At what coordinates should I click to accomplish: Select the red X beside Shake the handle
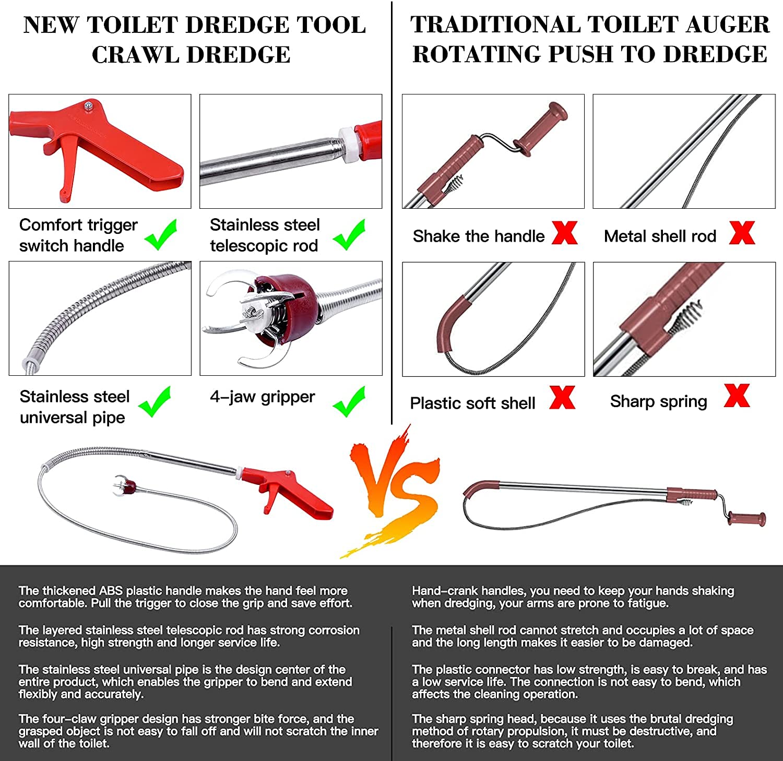tap(564, 233)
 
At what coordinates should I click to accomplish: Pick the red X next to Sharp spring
tap(737, 396)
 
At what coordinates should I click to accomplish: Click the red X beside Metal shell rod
tap(742, 233)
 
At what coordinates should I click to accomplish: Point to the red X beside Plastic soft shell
tap(562, 398)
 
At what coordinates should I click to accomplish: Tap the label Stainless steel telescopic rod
tap(265, 235)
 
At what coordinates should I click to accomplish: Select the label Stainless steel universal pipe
tap(74, 407)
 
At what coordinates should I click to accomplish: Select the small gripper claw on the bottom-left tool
tap(124, 485)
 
